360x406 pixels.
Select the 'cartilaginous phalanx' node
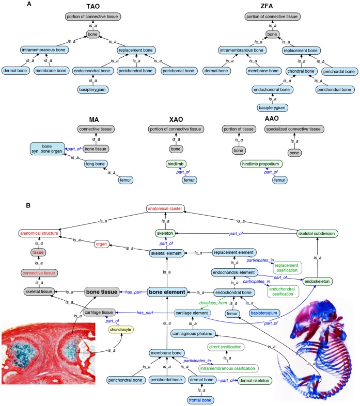coord(192,334)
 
